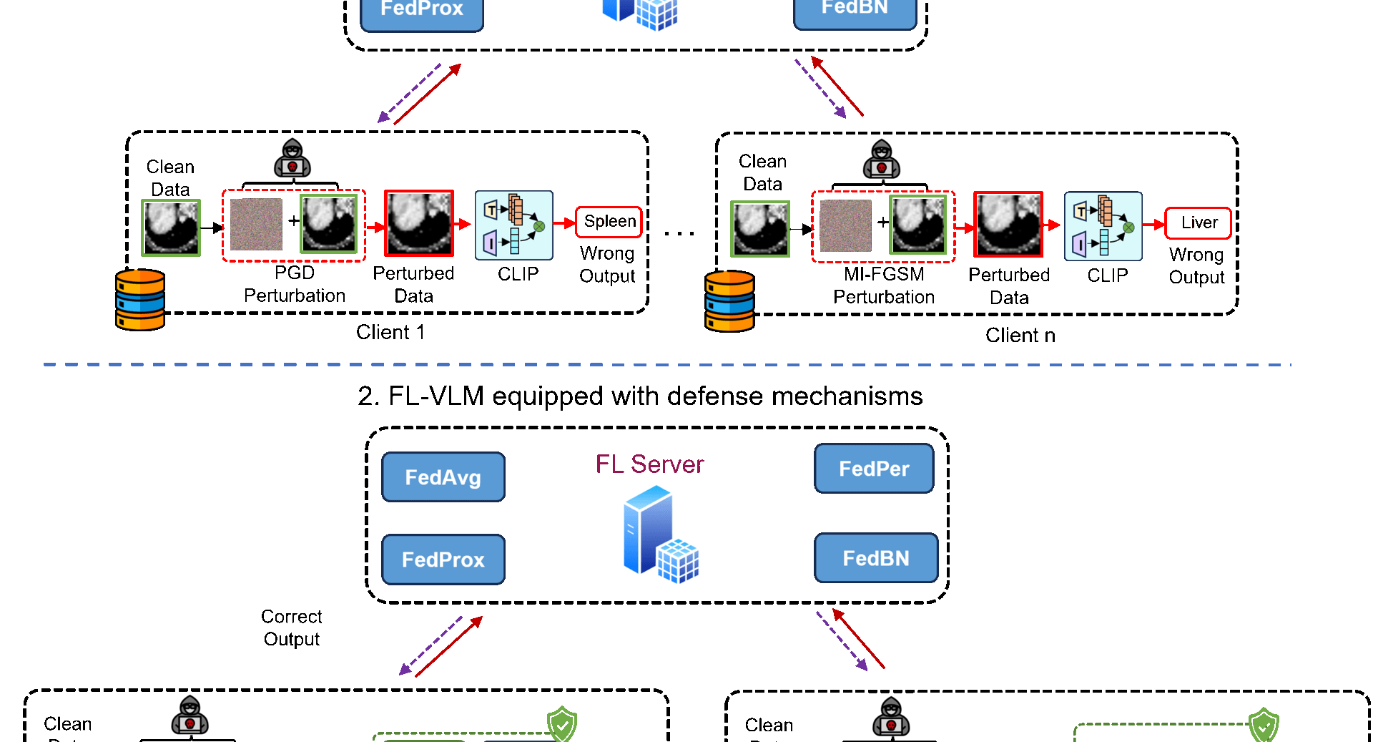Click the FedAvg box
coord(443,477)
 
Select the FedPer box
coord(874,469)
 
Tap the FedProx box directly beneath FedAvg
coord(443,560)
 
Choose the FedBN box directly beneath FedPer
coord(876,558)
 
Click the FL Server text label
coord(649,464)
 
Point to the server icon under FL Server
coord(660,534)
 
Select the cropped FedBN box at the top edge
coord(855,11)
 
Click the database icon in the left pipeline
coord(140,300)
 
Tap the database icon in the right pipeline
coord(729,301)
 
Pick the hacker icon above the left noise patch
coord(292,157)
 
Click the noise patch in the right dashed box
coord(845,226)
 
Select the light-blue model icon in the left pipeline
coord(514,225)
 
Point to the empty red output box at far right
coord(1198,223)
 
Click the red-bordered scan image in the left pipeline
coord(419,223)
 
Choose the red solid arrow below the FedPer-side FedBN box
coord(859,639)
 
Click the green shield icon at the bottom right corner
coord(1264,726)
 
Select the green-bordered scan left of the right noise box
coord(760,229)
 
